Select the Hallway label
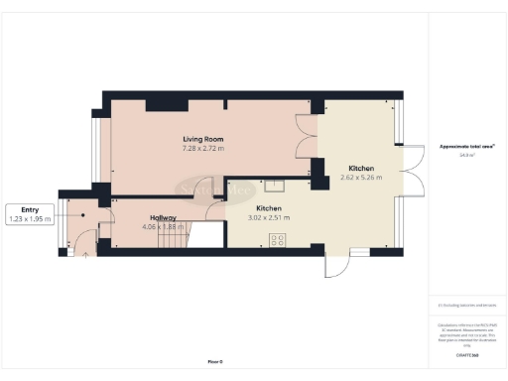pyautogui.click(x=164, y=217)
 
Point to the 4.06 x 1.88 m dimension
pyautogui.click(x=164, y=227)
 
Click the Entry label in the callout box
pyautogui.click(x=30, y=209)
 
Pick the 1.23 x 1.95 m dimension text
pyautogui.click(x=30, y=218)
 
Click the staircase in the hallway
pyautogui.click(x=202, y=236)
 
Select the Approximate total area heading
pyautogui.click(x=465, y=147)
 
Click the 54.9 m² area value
pyautogui.click(x=465, y=156)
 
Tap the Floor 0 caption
pyautogui.click(x=215, y=362)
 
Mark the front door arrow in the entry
pyautogui.click(x=85, y=252)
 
